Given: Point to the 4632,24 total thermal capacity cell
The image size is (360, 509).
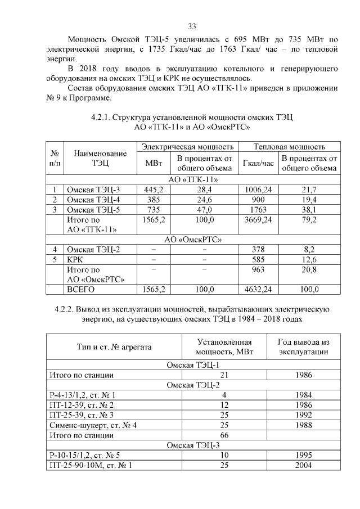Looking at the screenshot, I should (x=258, y=290).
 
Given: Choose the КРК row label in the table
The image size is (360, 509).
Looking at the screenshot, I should (x=74, y=259).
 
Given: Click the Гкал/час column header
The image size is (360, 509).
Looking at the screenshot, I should (x=258, y=163).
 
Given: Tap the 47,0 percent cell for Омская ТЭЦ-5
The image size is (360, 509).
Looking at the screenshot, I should (x=204, y=209).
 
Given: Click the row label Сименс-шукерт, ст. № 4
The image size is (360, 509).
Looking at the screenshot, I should (x=93, y=425).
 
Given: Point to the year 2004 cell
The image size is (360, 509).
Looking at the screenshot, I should (x=303, y=465).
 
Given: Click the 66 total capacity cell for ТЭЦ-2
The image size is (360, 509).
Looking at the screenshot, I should (x=224, y=435).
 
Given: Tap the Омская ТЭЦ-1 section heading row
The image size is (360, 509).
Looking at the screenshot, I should (x=191, y=364).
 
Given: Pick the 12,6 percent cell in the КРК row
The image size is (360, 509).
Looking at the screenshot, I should (x=309, y=259).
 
